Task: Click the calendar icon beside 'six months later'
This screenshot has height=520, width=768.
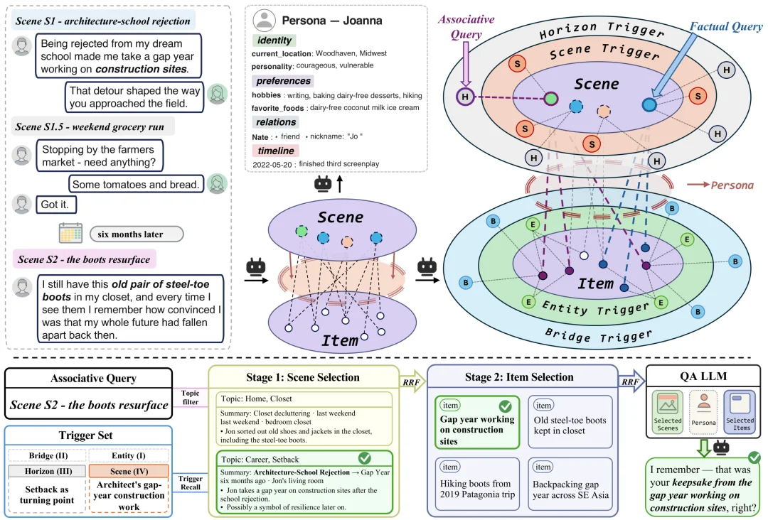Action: point(70,233)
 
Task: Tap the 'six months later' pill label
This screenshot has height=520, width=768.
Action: point(137,234)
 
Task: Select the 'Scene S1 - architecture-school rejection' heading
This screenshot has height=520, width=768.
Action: point(103,21)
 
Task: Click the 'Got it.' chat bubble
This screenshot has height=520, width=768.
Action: point(56,205)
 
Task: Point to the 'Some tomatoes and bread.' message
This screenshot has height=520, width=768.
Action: point(136,184)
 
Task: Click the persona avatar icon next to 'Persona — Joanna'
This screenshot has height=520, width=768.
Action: point(264,20)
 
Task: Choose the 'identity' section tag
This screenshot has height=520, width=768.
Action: point(274,40)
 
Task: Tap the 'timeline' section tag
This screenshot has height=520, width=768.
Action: point(276,151)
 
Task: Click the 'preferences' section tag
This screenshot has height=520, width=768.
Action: point(283,81)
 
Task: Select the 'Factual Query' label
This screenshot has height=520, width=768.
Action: point(726,26)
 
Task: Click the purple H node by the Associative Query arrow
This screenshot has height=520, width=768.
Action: point(465,97)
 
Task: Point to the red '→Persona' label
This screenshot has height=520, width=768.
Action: point(720,185)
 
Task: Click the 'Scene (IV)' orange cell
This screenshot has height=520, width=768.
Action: point(129,471)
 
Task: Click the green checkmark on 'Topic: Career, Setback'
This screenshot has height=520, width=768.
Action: point(364,458)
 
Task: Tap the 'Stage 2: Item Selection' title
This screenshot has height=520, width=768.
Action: point(519,377)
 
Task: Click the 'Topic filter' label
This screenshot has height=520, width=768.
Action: point(191,397)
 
